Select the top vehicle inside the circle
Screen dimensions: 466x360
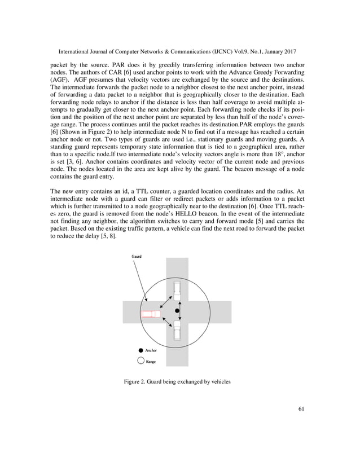coord(178,292)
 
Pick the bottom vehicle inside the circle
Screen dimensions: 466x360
coord(178,330)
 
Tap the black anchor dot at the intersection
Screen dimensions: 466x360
coord(177,311)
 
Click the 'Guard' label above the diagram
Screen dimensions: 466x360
coord(137,256)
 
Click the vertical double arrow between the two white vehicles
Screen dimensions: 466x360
coord(181,311)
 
